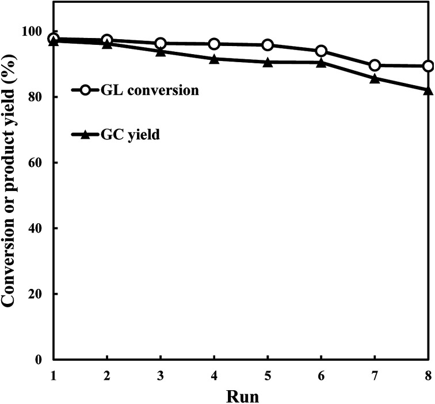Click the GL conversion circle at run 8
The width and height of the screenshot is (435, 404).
coord(428,66)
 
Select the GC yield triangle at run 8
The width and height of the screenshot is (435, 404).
coord(428,90)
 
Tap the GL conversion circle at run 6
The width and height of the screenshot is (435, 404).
coord(321,51)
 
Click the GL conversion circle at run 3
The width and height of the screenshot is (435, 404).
coord(161,44)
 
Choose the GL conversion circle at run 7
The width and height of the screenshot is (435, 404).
coord(375,66)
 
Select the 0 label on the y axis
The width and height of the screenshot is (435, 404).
coord(42,360)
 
